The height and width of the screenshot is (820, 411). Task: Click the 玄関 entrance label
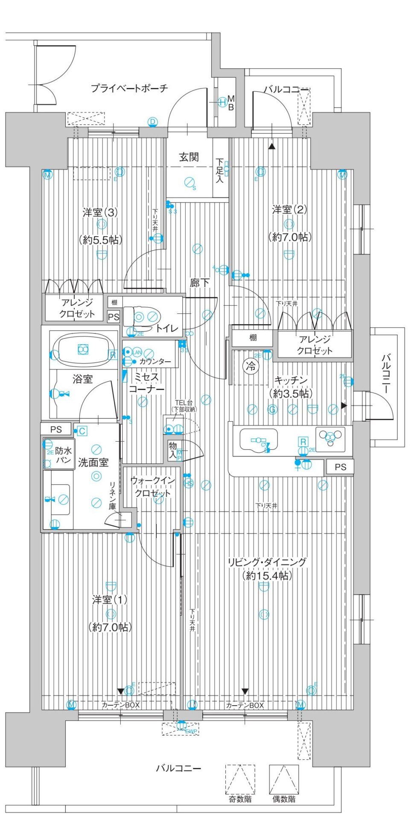189,157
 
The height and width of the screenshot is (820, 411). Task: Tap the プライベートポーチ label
129,88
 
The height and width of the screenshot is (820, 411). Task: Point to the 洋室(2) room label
289,210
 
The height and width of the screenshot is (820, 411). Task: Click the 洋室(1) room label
110,600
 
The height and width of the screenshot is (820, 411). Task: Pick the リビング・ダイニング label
267,562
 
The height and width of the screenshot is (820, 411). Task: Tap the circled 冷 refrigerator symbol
251,366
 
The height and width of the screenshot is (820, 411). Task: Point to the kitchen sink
259,440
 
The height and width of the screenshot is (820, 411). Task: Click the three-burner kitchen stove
330,439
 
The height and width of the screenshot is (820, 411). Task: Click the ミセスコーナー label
146,383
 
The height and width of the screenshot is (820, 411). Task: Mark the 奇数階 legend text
240,799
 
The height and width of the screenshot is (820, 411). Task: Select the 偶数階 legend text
284,799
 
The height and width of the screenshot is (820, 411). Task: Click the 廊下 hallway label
200,282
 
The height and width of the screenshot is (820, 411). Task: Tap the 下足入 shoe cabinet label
219,170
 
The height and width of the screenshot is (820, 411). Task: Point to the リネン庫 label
113,495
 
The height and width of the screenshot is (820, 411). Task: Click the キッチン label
291,380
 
